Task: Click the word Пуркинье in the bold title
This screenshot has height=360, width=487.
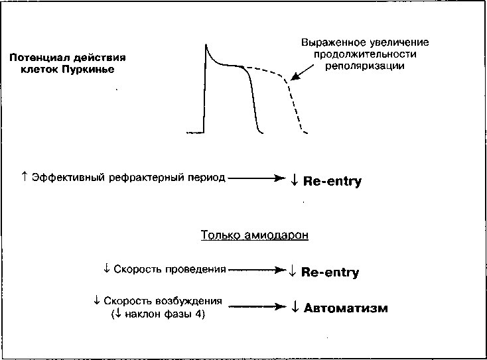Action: [88, 69]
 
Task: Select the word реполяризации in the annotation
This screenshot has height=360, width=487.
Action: [365, 66]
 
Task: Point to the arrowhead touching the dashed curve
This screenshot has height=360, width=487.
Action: [295, 77]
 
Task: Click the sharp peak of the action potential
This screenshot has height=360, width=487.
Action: [206, 44]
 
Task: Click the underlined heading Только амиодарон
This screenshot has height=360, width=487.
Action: [254, 235]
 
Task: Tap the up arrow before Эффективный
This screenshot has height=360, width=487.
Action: [25, 177]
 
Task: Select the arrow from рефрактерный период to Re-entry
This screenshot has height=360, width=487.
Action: [257, 178]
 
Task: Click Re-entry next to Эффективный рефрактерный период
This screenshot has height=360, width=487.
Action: [332, 181]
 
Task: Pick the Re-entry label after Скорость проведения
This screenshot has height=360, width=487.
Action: [330, 272]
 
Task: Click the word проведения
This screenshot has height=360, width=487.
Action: [195, 269]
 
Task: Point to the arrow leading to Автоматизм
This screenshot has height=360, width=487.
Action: [257, 306]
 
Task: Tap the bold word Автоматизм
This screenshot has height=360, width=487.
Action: [346, 308]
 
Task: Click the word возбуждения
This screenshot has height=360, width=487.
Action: [188, 301]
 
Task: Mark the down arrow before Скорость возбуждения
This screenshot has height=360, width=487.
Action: [97, 300]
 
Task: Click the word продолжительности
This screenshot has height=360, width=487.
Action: [365, 54]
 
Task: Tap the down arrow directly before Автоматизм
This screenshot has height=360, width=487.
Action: [295, 307]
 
